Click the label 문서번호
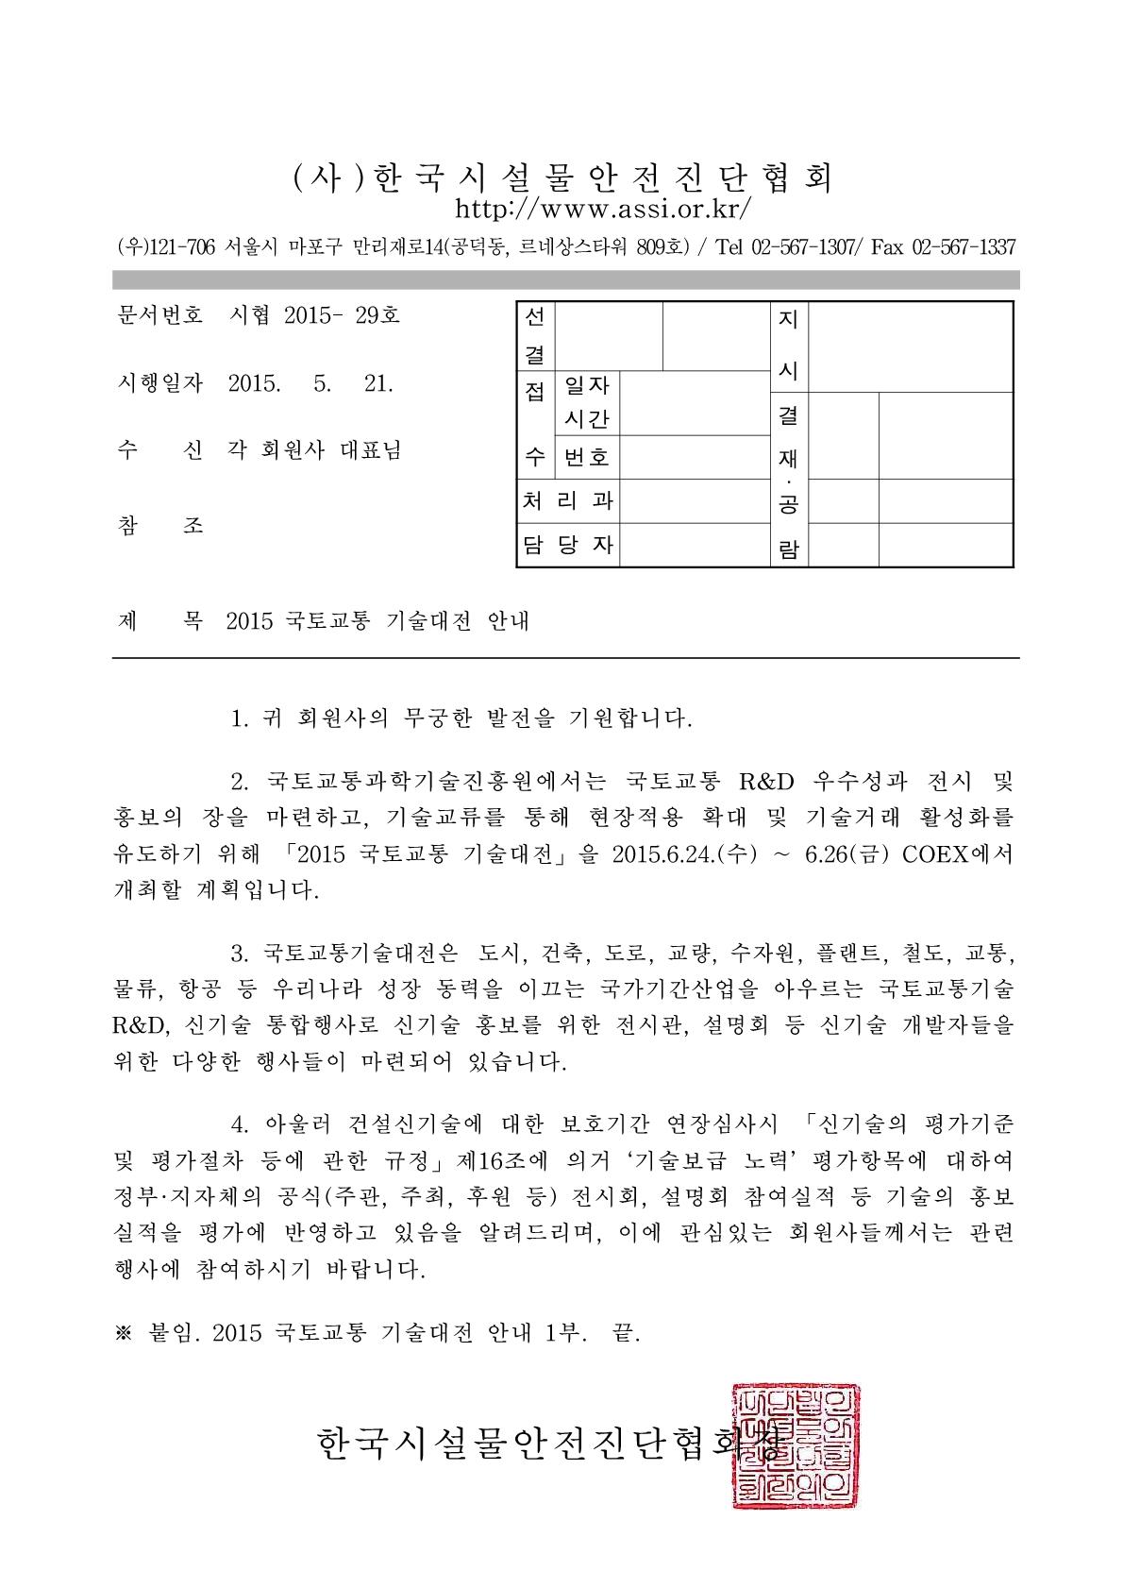(x=158, y=315)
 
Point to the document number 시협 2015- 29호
(x=314, y=315)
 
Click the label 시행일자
(x=158, y=383)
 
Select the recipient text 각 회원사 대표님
(x=314, y=451)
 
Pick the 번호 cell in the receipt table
(x=586, y=458)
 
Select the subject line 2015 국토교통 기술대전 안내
(x=378, y=621)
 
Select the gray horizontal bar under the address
(x=565, y=279)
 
